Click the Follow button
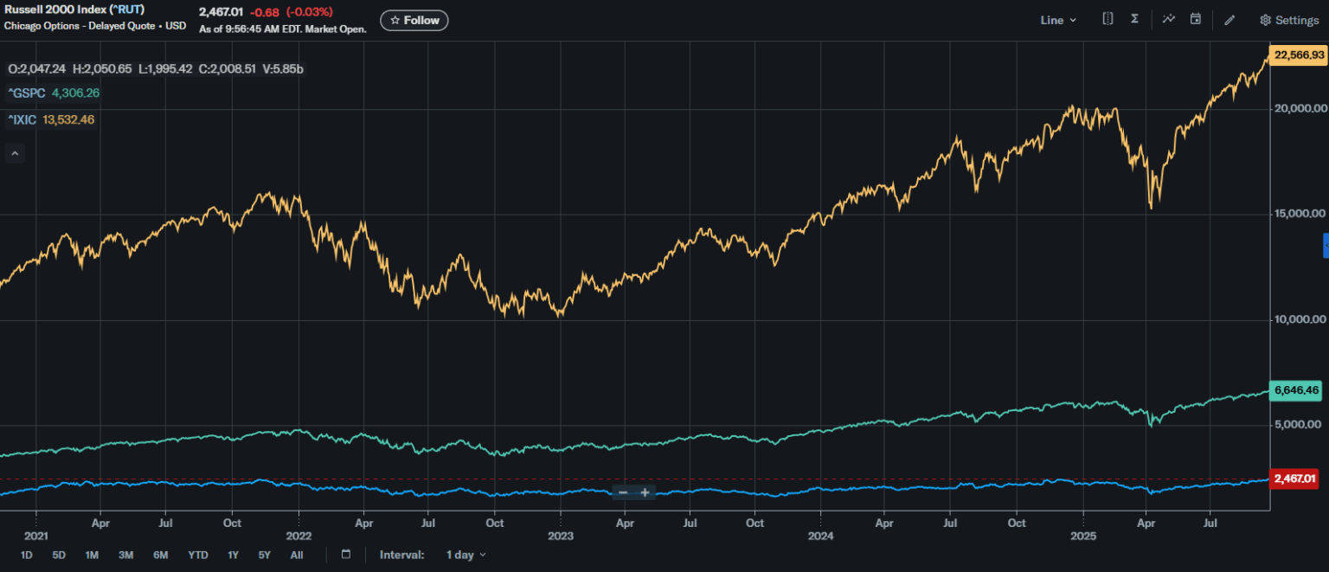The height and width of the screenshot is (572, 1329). [414, 20]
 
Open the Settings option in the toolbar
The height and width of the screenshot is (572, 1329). [1289, 20]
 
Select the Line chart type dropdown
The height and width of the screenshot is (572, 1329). [1057, 20]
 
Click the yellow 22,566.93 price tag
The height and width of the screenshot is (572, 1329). [1299, 55]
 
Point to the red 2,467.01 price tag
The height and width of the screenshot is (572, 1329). [1294, 479]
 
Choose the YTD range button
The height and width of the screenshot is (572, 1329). [198, 555]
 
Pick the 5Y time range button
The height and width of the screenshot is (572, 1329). [264, 555]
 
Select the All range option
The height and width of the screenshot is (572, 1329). [297, 555]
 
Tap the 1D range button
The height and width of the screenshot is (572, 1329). [27, 555]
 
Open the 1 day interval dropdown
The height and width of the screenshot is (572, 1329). [465, 555]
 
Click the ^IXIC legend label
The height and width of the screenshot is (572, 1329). [23, 119]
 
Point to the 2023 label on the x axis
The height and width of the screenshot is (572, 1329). [561, 537]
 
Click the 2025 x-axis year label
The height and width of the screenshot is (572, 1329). [1084, 537]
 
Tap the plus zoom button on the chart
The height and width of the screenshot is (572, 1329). [645, 492]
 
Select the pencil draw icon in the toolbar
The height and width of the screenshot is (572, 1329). [1229, 20]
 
